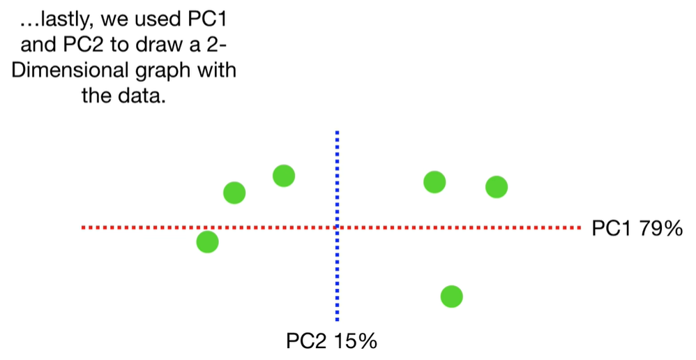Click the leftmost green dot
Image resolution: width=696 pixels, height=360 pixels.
(x=207, y=241)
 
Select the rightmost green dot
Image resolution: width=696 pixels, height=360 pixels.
(x=496, y=186)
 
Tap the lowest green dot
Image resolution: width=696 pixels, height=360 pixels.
(x=451, y=297)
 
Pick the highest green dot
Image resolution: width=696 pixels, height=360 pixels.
(x=283, y=176)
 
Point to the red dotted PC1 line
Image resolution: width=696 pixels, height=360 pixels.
(x=453, y=227)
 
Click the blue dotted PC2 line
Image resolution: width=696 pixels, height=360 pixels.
(x=337, y=279)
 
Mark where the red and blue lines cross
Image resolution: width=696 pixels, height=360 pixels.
(x=337, y=227)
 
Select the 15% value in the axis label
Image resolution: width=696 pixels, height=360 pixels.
(x=356, y=341)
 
